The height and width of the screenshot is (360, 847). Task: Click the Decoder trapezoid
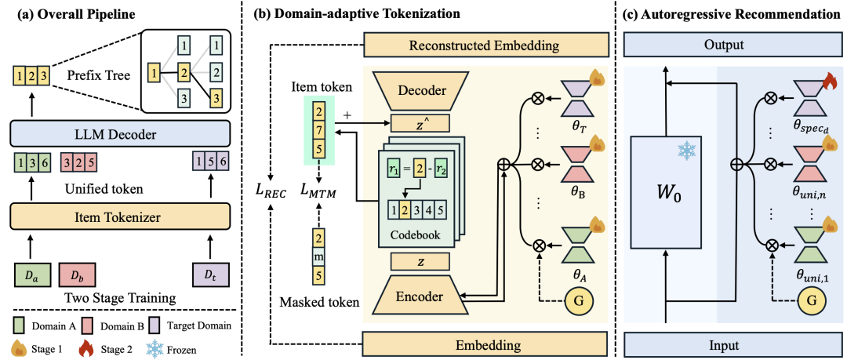click(422, 91)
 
